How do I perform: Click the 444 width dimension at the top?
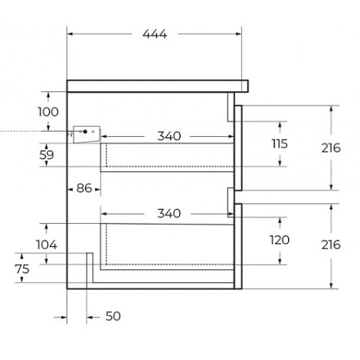pyautogui.click(x=155, y=34)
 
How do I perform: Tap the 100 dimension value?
pyautogui.click(x=48, y=112)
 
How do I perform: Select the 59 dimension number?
pyautogui.click(x=47, y=155)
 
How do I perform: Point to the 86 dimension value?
pyautogui.click(x=84, y=188)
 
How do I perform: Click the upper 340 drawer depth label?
pyautogui.click(x=169, y=136)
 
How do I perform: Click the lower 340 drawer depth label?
pyautogui.click(x=169, y=213)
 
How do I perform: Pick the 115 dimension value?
pyautogui.click(x=279, y=144)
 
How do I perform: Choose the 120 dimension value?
pyautogui.click(x=279, y=240)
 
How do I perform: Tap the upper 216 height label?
pyautogui.click(x=331, y=148)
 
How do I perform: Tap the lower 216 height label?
pyautogui.click(x=331, y=245)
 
